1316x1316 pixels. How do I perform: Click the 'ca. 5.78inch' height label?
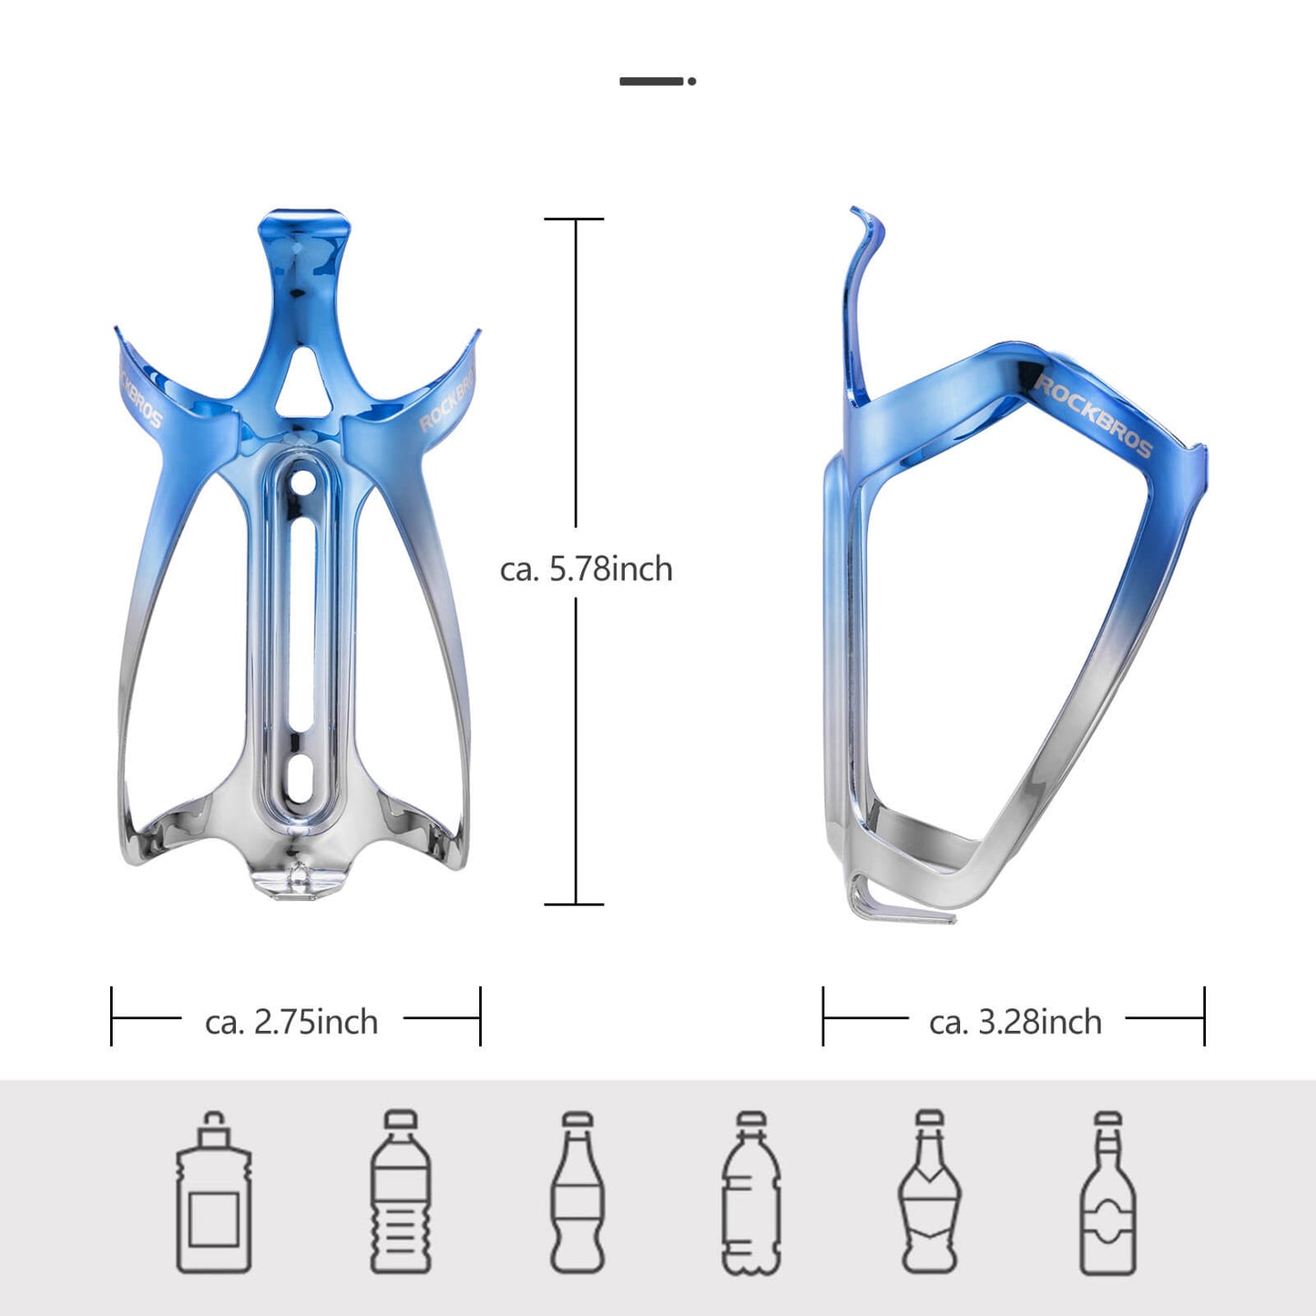click(586, 569)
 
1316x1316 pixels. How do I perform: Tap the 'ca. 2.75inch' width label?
click(291, 1022)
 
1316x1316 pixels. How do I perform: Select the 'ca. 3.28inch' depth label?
click(1015, 1022)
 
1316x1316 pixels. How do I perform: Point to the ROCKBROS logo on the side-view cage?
click(1092, 414)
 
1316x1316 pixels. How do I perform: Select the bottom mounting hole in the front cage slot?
click(299, 783)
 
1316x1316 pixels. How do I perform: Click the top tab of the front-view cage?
click(303, 223)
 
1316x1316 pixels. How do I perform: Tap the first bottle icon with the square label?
click(214, 1192)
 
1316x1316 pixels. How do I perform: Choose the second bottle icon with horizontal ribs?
click(401, 1192)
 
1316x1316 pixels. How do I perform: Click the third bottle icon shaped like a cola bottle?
click(577, 1192)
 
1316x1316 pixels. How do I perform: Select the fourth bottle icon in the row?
click(751, 1192)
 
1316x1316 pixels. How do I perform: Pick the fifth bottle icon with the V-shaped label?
click(929, 1192)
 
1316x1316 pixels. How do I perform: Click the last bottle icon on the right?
click(1107, 1192)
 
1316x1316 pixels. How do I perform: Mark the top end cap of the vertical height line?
click(575, 219)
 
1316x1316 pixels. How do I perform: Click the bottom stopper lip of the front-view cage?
click(300, 884)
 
